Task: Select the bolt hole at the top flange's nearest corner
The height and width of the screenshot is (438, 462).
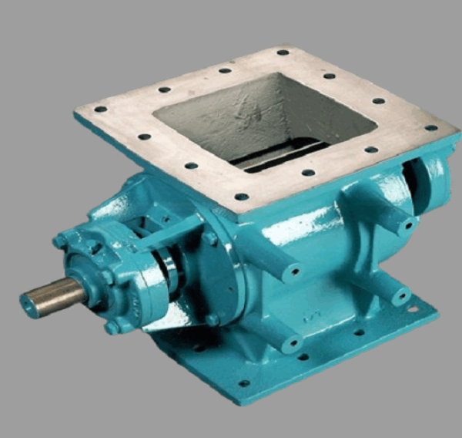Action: (x=242, y=197)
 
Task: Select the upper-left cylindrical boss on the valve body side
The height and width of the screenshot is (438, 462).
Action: (x=292, y=270)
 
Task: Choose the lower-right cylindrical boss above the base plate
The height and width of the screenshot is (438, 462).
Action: (x=399, y=295)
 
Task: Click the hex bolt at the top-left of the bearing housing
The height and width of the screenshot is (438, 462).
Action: (x=61, y=241)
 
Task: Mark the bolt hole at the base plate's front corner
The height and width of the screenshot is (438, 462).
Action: (x=244, y=383)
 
